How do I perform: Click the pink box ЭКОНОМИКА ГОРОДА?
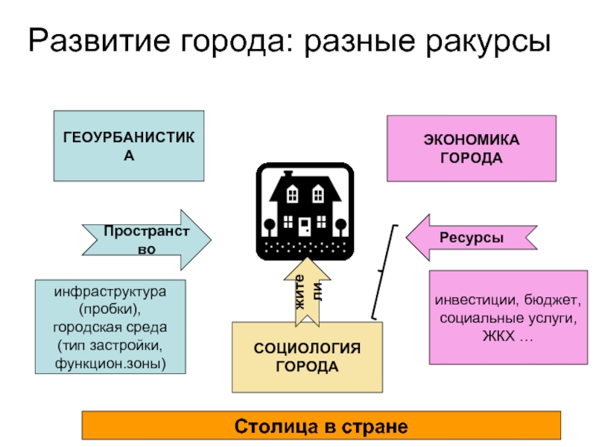(471, 148)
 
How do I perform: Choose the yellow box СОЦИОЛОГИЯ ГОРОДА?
(307, 358)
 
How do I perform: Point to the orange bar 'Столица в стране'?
(321, 427)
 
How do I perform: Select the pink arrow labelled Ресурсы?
(471, 238)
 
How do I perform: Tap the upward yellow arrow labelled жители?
(308, 292)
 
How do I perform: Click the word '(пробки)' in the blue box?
(110, 308)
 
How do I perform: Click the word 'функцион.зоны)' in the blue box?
(110, 364)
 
